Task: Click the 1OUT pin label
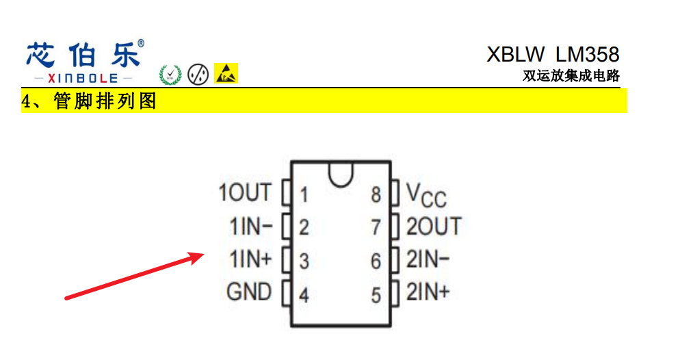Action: point(244,193)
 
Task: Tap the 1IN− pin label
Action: point(250,226)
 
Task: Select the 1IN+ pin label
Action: point(250,259)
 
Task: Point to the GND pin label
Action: point(248,292)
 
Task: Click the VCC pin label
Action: point(426,195)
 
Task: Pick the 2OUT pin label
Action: point(434,226)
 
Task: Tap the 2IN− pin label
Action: point(428,259)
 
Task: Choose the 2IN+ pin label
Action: point(428,292)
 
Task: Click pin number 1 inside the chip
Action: point(304,195)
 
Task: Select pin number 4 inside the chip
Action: point(304,296)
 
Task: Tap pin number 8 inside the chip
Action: point(376,194)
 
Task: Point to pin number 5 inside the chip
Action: point(376,296)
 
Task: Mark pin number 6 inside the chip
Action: point(376,261)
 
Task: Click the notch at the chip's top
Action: point(340,174)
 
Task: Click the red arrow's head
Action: point(198,256)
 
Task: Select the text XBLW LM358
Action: point(553,54)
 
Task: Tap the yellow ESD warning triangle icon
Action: point(226,73)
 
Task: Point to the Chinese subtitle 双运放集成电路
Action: point(571,76)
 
